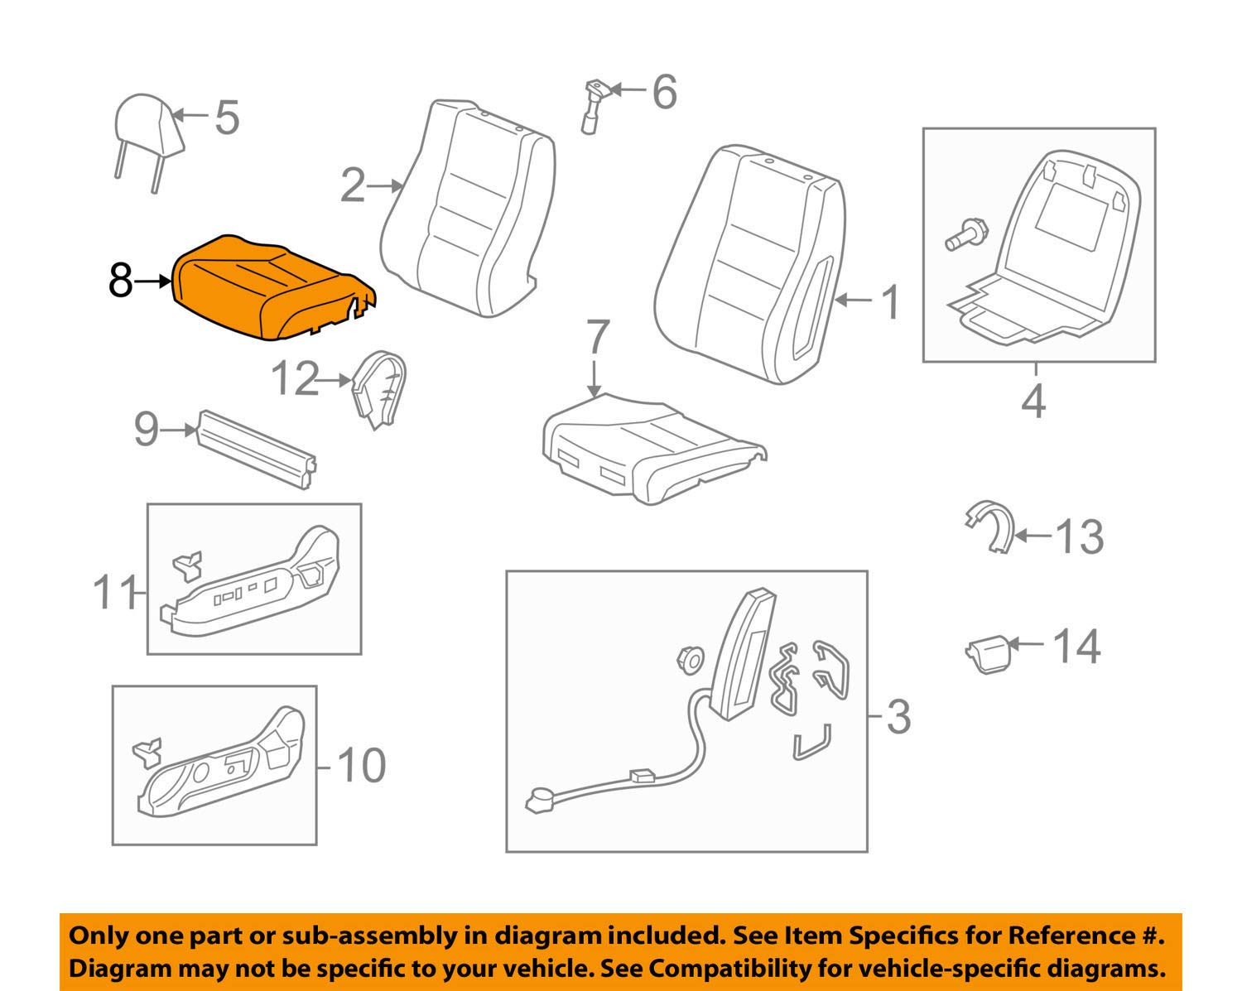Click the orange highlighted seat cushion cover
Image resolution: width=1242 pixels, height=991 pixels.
269,286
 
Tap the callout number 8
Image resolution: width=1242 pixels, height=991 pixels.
120,281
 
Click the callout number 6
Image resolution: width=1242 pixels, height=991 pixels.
664,91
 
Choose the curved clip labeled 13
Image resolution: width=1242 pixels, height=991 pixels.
991,526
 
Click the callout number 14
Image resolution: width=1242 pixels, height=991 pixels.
1076,647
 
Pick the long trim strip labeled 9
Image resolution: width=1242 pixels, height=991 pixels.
257,449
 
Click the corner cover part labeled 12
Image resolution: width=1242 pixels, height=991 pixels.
378,387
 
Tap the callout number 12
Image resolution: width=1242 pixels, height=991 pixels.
295,380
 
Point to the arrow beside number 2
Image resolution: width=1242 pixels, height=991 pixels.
385,186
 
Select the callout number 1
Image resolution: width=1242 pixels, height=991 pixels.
890,302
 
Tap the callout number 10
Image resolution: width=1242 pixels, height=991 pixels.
362,766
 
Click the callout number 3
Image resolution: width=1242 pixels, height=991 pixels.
898,716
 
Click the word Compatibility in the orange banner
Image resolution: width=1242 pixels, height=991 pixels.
728,968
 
